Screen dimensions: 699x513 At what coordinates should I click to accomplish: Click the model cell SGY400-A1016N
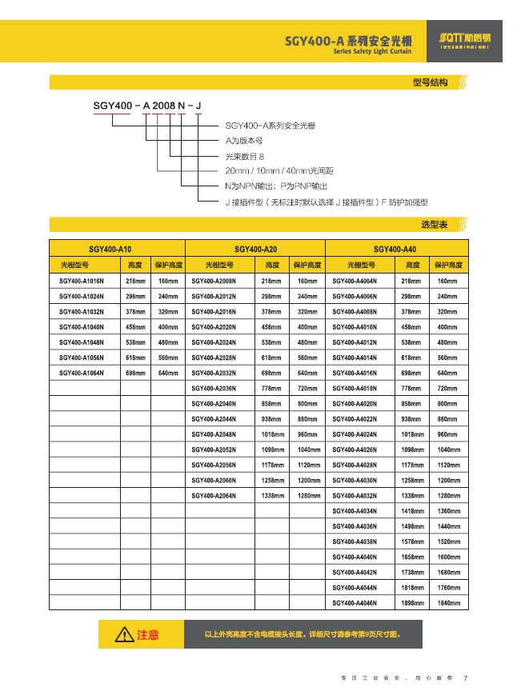pyautogui.click(x=82, y=282)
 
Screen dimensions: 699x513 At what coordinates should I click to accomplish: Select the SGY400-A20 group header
pyautogui.click(x=255, y=250)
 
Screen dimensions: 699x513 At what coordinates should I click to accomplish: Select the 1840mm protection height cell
pyautogui.click(x=448, y=602)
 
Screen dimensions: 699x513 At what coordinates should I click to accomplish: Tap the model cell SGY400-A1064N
pyautogui.click(x=82, y=373)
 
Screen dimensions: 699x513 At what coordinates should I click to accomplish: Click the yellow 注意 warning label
pyautogui.click(x=148, y=635)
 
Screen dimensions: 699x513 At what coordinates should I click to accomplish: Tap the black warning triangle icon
pyautogui.click(x=124, y=635)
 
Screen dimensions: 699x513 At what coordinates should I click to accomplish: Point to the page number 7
pyautogui.click(x=466, y=679)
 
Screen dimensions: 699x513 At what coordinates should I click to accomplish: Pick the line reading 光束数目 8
pyautogui.click(x=244, y=156)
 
